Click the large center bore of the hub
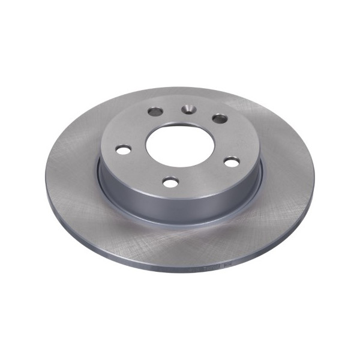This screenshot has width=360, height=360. tap(180, 147)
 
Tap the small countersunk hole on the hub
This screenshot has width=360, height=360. tap(188, 109)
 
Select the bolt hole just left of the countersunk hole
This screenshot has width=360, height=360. tap(155, 111)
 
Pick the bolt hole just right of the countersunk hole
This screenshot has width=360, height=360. tap(220, 119)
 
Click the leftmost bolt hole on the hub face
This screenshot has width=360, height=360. tap(124, 149)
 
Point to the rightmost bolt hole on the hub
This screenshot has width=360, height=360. tap(232, 161)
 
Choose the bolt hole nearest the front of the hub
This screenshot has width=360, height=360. tap(171, 182)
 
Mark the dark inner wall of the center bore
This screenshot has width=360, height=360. tap(180, 133)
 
